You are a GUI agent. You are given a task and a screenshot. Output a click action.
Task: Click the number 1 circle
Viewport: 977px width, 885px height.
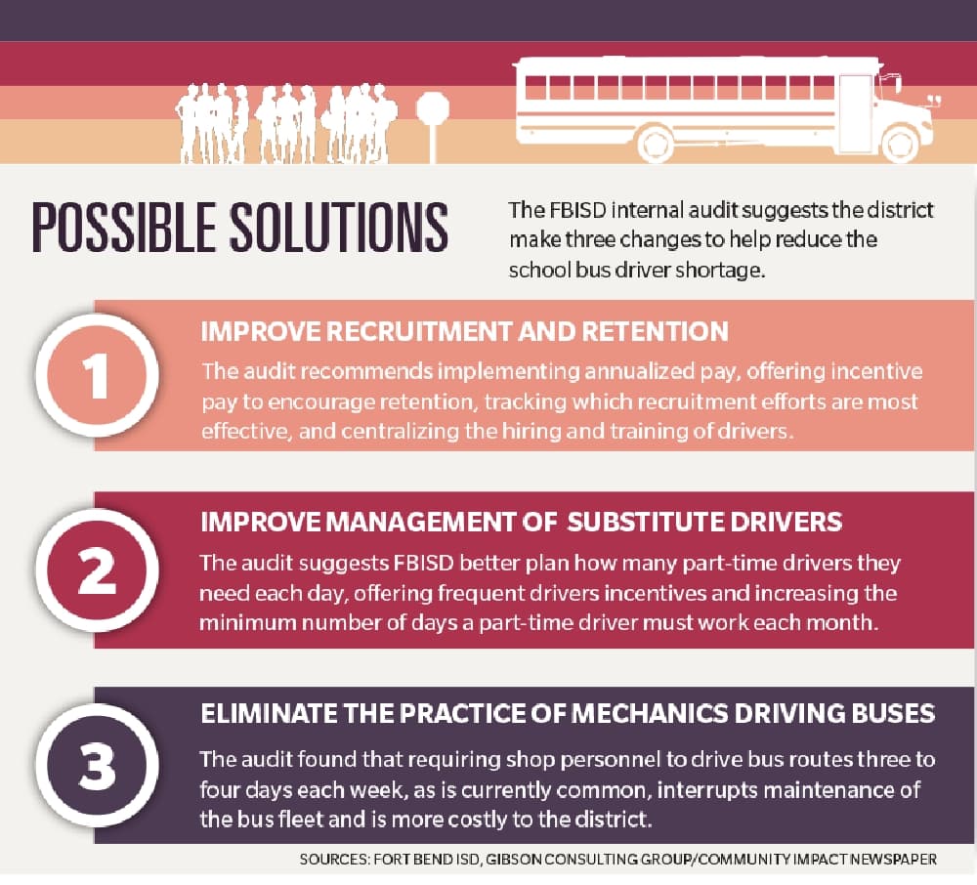point(97,375)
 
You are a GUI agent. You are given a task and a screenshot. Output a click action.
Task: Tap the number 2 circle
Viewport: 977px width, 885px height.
point(97,570)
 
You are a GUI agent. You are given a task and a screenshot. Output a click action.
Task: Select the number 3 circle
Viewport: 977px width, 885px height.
point(97,765)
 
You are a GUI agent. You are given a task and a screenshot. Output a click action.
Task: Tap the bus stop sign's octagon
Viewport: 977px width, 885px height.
point(433,108)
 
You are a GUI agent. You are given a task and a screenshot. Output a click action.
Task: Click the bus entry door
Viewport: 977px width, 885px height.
point(854,105)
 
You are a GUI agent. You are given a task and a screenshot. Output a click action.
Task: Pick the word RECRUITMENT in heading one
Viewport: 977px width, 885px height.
point(419,331)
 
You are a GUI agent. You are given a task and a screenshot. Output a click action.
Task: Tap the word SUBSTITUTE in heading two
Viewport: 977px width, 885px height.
point(644,522)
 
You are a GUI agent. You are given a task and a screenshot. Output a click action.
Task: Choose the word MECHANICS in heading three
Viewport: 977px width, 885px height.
point(649,714)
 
